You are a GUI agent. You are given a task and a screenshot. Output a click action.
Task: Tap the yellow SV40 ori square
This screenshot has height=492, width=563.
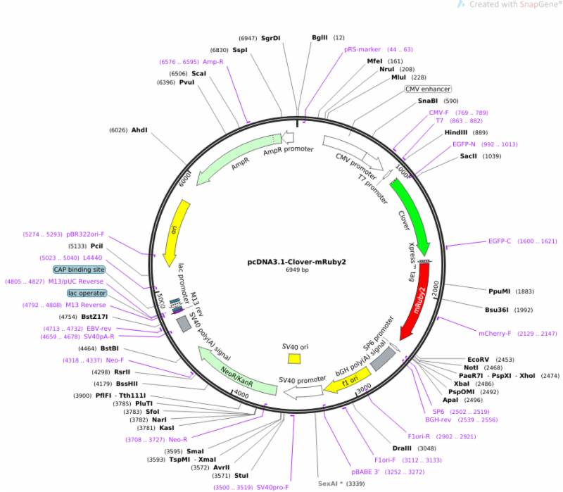click(x=294, y=359)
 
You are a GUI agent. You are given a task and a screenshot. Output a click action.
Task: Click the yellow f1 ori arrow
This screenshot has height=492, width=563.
click(x=348, y=381)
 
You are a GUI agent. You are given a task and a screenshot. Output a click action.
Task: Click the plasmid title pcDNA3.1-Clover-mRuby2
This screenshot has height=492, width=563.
click(x=296, y=262)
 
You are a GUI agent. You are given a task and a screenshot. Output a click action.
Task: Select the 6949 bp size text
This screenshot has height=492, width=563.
click(x=297, y=270)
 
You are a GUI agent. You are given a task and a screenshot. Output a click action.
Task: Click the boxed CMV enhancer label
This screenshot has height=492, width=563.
click(x=428, y=89)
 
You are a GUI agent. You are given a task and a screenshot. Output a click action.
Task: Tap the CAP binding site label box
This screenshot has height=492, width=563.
click(x=79, y=270)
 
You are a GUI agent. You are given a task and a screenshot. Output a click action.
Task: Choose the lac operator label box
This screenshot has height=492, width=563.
click(x=87, y=293)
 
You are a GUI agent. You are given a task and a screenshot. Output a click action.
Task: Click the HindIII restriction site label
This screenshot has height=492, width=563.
click(x=456, y=132)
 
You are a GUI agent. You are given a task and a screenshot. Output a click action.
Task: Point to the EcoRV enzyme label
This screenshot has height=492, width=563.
click(x=478, y=360)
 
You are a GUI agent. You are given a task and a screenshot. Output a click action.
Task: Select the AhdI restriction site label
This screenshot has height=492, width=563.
click(x=139, y=130)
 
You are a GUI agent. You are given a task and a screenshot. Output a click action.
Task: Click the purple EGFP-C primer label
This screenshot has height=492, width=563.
click(x=500, y=241)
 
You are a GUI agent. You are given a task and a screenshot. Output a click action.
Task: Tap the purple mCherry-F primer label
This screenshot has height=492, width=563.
click(x=495, y=334)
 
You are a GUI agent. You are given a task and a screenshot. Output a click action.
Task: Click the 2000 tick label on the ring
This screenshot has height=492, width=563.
click(x=436, y=289)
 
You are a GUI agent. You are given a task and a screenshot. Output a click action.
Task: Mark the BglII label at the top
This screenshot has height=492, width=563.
click(x=320, y=37)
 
